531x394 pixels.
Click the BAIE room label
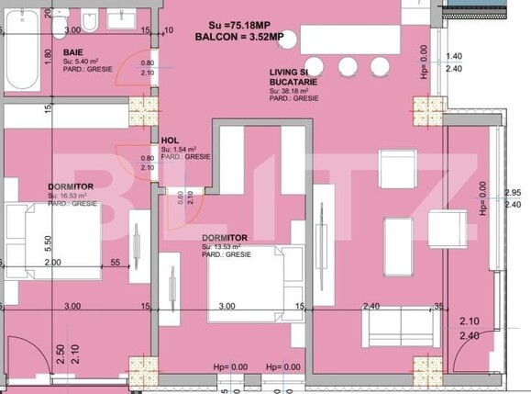pyautogui.click(x=74, y=53)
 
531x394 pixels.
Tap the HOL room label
pyautogui.click(x=170, y=141)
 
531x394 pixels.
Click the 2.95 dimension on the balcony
pyautogui.click(x=513, y=192)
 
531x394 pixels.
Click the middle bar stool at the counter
pyautogui.click(x=348, y=66)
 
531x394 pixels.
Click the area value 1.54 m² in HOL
pyautogui.click(x=175, y=149)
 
